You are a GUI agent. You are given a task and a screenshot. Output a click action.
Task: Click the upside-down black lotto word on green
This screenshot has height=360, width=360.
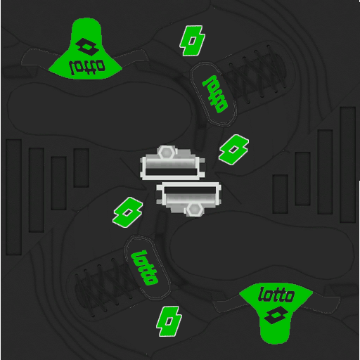point(86,67)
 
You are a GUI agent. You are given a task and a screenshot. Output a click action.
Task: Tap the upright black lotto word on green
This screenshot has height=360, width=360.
point(276,295)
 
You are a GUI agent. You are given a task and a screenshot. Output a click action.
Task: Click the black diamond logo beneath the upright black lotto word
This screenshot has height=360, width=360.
point(276,315)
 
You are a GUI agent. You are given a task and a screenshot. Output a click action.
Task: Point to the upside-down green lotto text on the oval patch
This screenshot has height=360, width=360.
point(214,94)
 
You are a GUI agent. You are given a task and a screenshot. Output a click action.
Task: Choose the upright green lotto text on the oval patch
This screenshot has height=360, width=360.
point(144,268)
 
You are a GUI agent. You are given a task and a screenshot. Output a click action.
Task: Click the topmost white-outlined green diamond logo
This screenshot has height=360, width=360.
point(192,41)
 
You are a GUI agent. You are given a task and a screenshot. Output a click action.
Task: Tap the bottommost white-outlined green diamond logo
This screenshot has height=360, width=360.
point(169,321)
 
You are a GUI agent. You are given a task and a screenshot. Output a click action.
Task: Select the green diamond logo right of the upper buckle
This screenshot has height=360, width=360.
point(233,150)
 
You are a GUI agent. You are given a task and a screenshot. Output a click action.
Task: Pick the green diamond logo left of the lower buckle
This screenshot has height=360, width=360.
point(127,212)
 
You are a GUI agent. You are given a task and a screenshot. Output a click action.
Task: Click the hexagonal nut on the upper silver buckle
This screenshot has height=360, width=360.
point(166,153)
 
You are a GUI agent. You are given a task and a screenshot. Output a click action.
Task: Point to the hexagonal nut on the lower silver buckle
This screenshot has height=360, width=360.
point(194,209)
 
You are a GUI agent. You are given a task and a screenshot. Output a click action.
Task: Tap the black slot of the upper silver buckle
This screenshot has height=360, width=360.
point(171,172)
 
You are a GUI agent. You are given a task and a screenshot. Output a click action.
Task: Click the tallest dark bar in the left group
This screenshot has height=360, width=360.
point(13,197)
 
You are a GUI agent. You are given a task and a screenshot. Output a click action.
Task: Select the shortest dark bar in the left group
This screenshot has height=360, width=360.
point(81,168)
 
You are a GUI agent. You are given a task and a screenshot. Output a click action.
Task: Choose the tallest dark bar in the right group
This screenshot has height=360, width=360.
point(348,165)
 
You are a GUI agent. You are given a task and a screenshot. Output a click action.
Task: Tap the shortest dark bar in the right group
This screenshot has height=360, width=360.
point(280,194)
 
